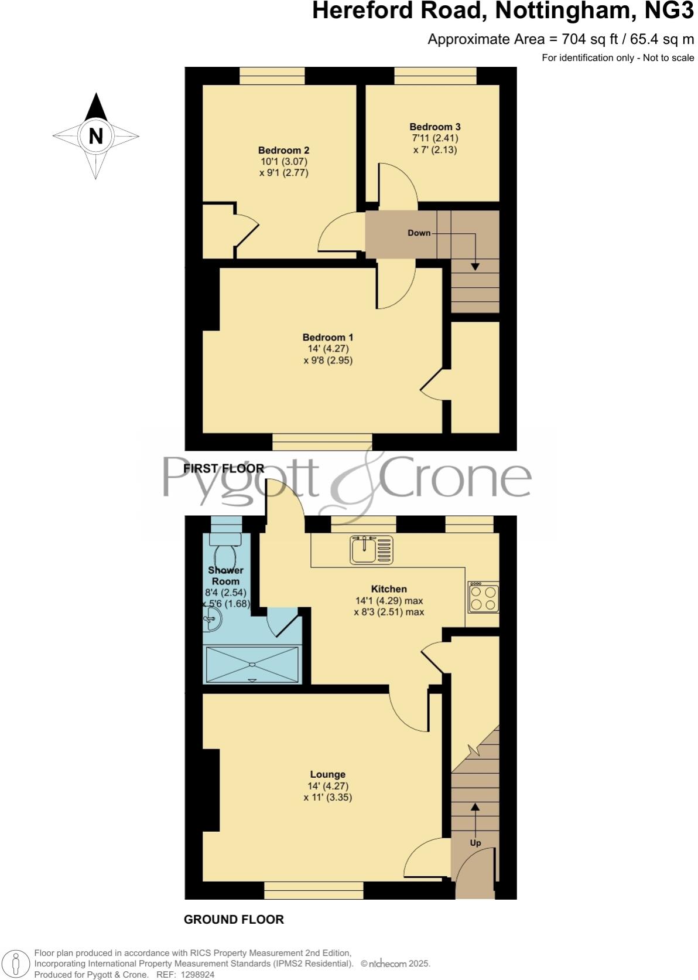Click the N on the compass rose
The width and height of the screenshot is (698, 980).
coord(95,136)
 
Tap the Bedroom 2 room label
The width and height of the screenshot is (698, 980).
coord(283,150)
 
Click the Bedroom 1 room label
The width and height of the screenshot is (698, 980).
coord(327,337)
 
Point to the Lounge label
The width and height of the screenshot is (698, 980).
coord(327,774)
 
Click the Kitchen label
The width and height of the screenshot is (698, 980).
coord(389,589)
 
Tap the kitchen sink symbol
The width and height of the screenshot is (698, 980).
coord(371,550)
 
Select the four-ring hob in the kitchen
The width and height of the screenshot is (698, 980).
coord(483,597)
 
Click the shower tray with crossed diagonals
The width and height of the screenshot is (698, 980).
coord(252,664)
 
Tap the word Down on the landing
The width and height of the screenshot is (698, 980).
coord(419,233)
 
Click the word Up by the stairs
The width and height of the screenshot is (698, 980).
coord(475,843)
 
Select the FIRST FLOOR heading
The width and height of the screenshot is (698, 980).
coord(224,468)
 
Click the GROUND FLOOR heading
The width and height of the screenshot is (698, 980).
coord(234,920)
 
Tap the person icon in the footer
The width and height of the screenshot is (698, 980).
coord(17,964)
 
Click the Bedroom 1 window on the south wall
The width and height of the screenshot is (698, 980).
coord(322,442)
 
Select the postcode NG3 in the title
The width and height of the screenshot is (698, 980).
coord(670,11)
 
